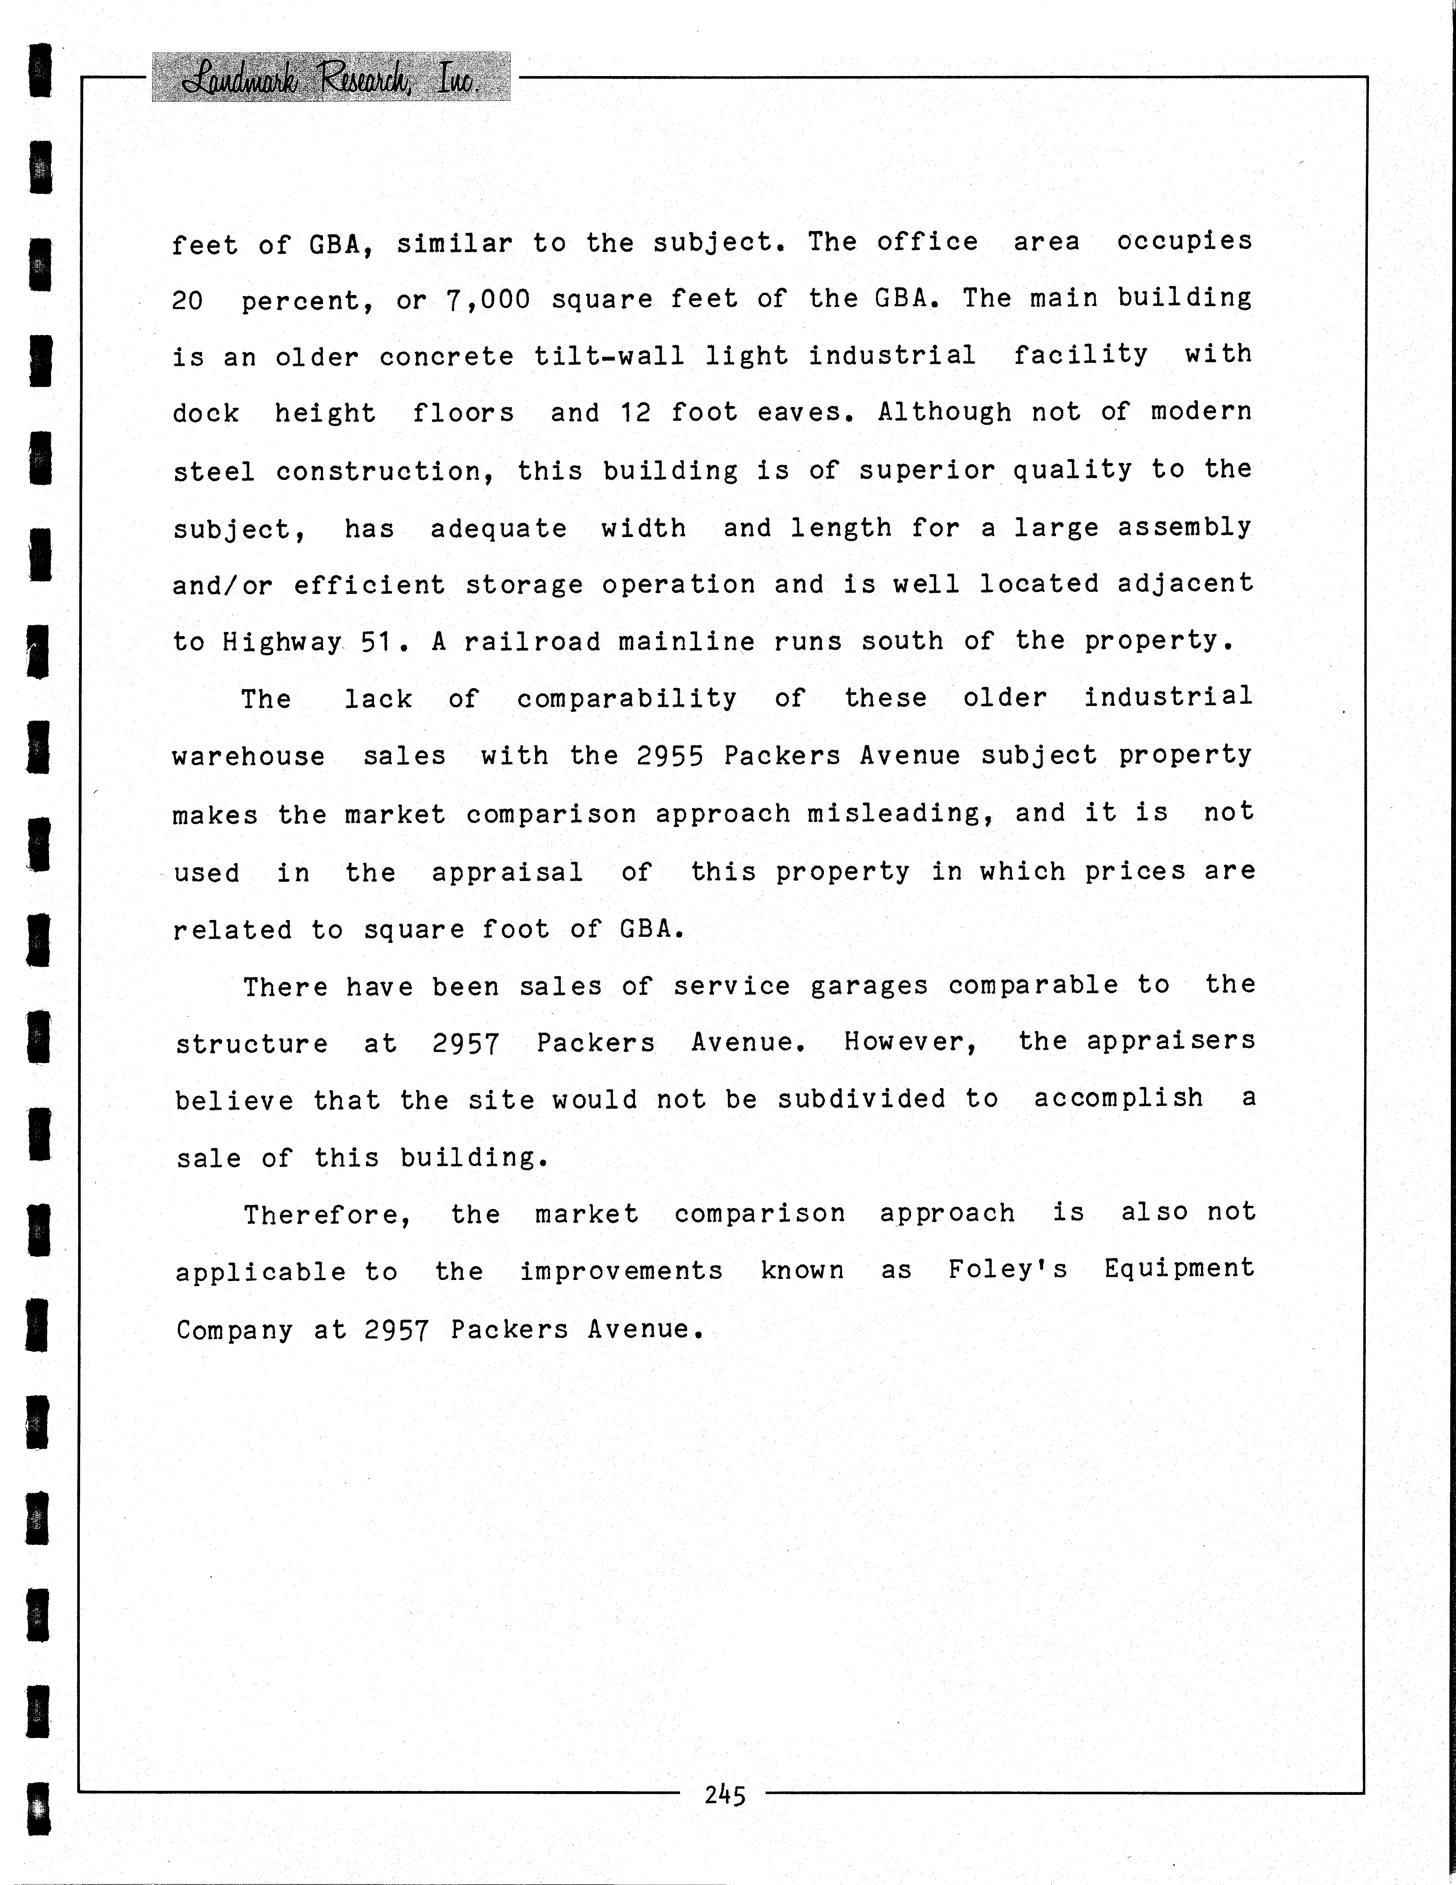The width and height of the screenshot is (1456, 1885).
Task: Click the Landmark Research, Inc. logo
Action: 330,78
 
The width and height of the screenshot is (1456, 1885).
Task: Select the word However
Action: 911,1042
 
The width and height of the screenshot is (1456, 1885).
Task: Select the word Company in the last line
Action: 235,1329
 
